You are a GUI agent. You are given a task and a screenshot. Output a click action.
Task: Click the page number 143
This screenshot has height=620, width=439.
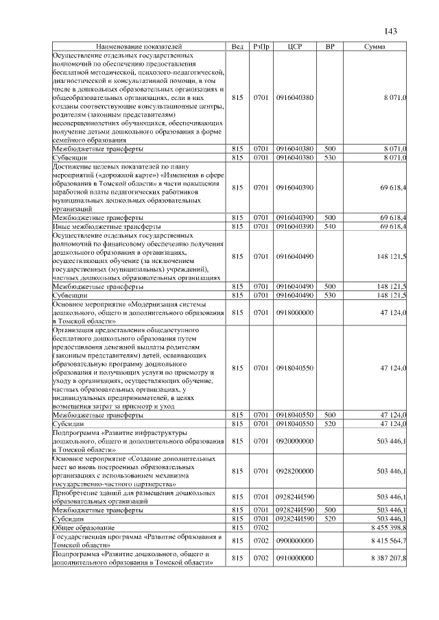391,31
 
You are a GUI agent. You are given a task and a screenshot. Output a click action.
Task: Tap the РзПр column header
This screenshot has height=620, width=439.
261,46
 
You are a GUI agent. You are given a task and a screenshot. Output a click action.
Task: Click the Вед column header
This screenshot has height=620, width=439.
237,46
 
